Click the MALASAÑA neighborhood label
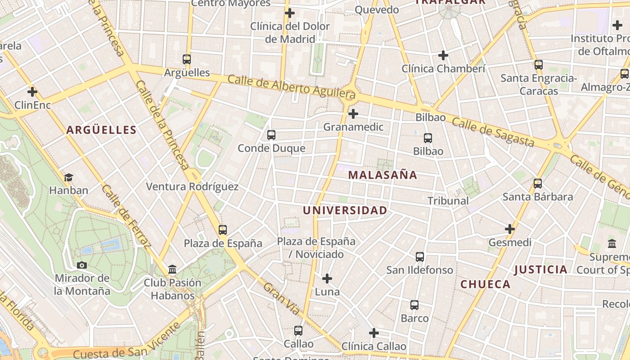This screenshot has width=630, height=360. click(383, 175)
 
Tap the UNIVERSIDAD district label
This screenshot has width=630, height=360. click(345, 211)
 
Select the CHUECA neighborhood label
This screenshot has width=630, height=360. click(486, 284)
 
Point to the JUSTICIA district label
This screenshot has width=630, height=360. click(540, 270)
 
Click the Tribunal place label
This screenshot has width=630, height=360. click(448, 201)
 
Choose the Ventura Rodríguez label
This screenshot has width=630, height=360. click(192, 186)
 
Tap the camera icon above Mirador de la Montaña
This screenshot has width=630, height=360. click(82, 265)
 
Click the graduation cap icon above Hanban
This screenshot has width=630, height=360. click(68, 177)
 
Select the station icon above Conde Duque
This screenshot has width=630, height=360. click(271, 135)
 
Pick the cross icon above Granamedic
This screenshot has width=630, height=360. click(353, 114)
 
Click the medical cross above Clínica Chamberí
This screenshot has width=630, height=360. click(443, 55)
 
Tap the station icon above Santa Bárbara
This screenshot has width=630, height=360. click(537, 184)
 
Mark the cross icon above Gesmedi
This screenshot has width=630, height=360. click(509, 229)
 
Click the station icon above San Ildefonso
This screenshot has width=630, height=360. click(420, 257)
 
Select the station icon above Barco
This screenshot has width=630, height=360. click(414, 305)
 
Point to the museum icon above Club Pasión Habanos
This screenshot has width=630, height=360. click(172, 270)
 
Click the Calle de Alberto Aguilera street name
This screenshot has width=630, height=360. click(291, 87)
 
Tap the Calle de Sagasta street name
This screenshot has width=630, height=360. click(493, 132)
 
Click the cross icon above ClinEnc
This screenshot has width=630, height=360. click(32, 92)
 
